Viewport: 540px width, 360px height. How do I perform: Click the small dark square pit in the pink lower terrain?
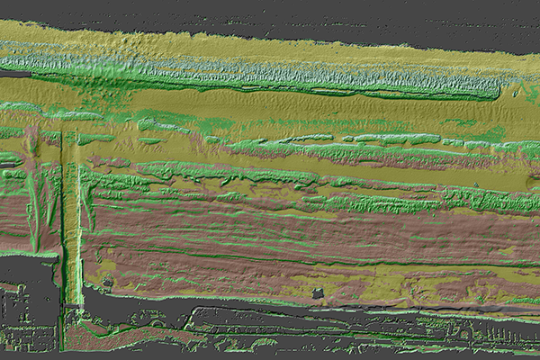[x=317, y=293]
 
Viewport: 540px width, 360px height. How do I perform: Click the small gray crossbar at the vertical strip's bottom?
[x=73, y=310]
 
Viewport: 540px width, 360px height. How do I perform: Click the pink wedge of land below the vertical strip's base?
[x=90, y=333]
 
